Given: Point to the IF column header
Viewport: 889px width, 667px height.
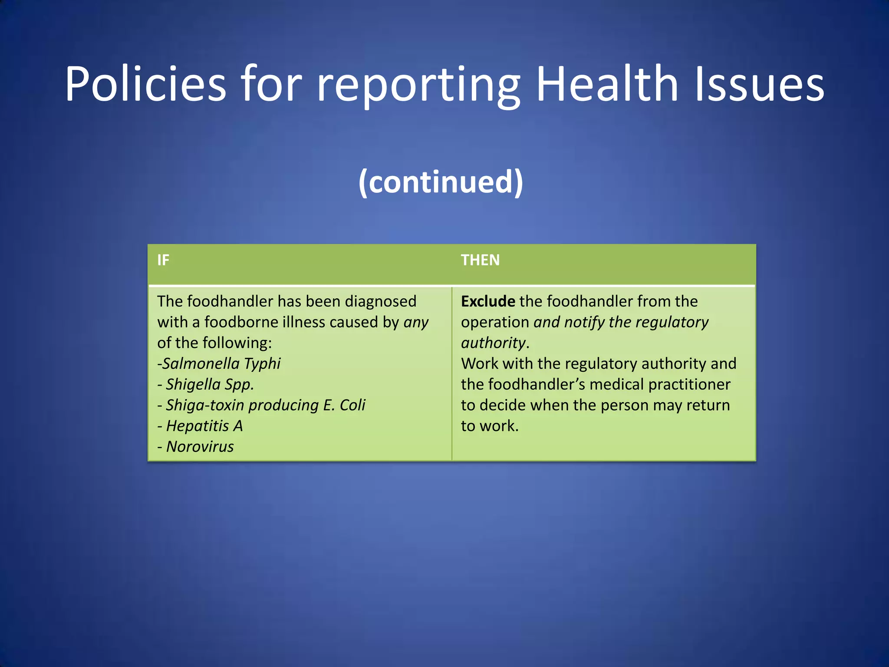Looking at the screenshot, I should click(163, 260).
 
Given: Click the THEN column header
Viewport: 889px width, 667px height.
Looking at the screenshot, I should click(480, 260).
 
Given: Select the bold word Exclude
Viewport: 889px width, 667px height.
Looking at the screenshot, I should click(488, 301).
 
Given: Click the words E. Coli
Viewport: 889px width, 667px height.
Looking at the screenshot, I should click(344, 405).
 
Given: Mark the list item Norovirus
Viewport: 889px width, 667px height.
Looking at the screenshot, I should click(200, 447).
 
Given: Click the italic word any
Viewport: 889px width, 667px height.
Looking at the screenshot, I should click(416, 323).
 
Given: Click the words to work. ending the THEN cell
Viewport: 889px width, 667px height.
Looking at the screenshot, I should click(490, 426).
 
